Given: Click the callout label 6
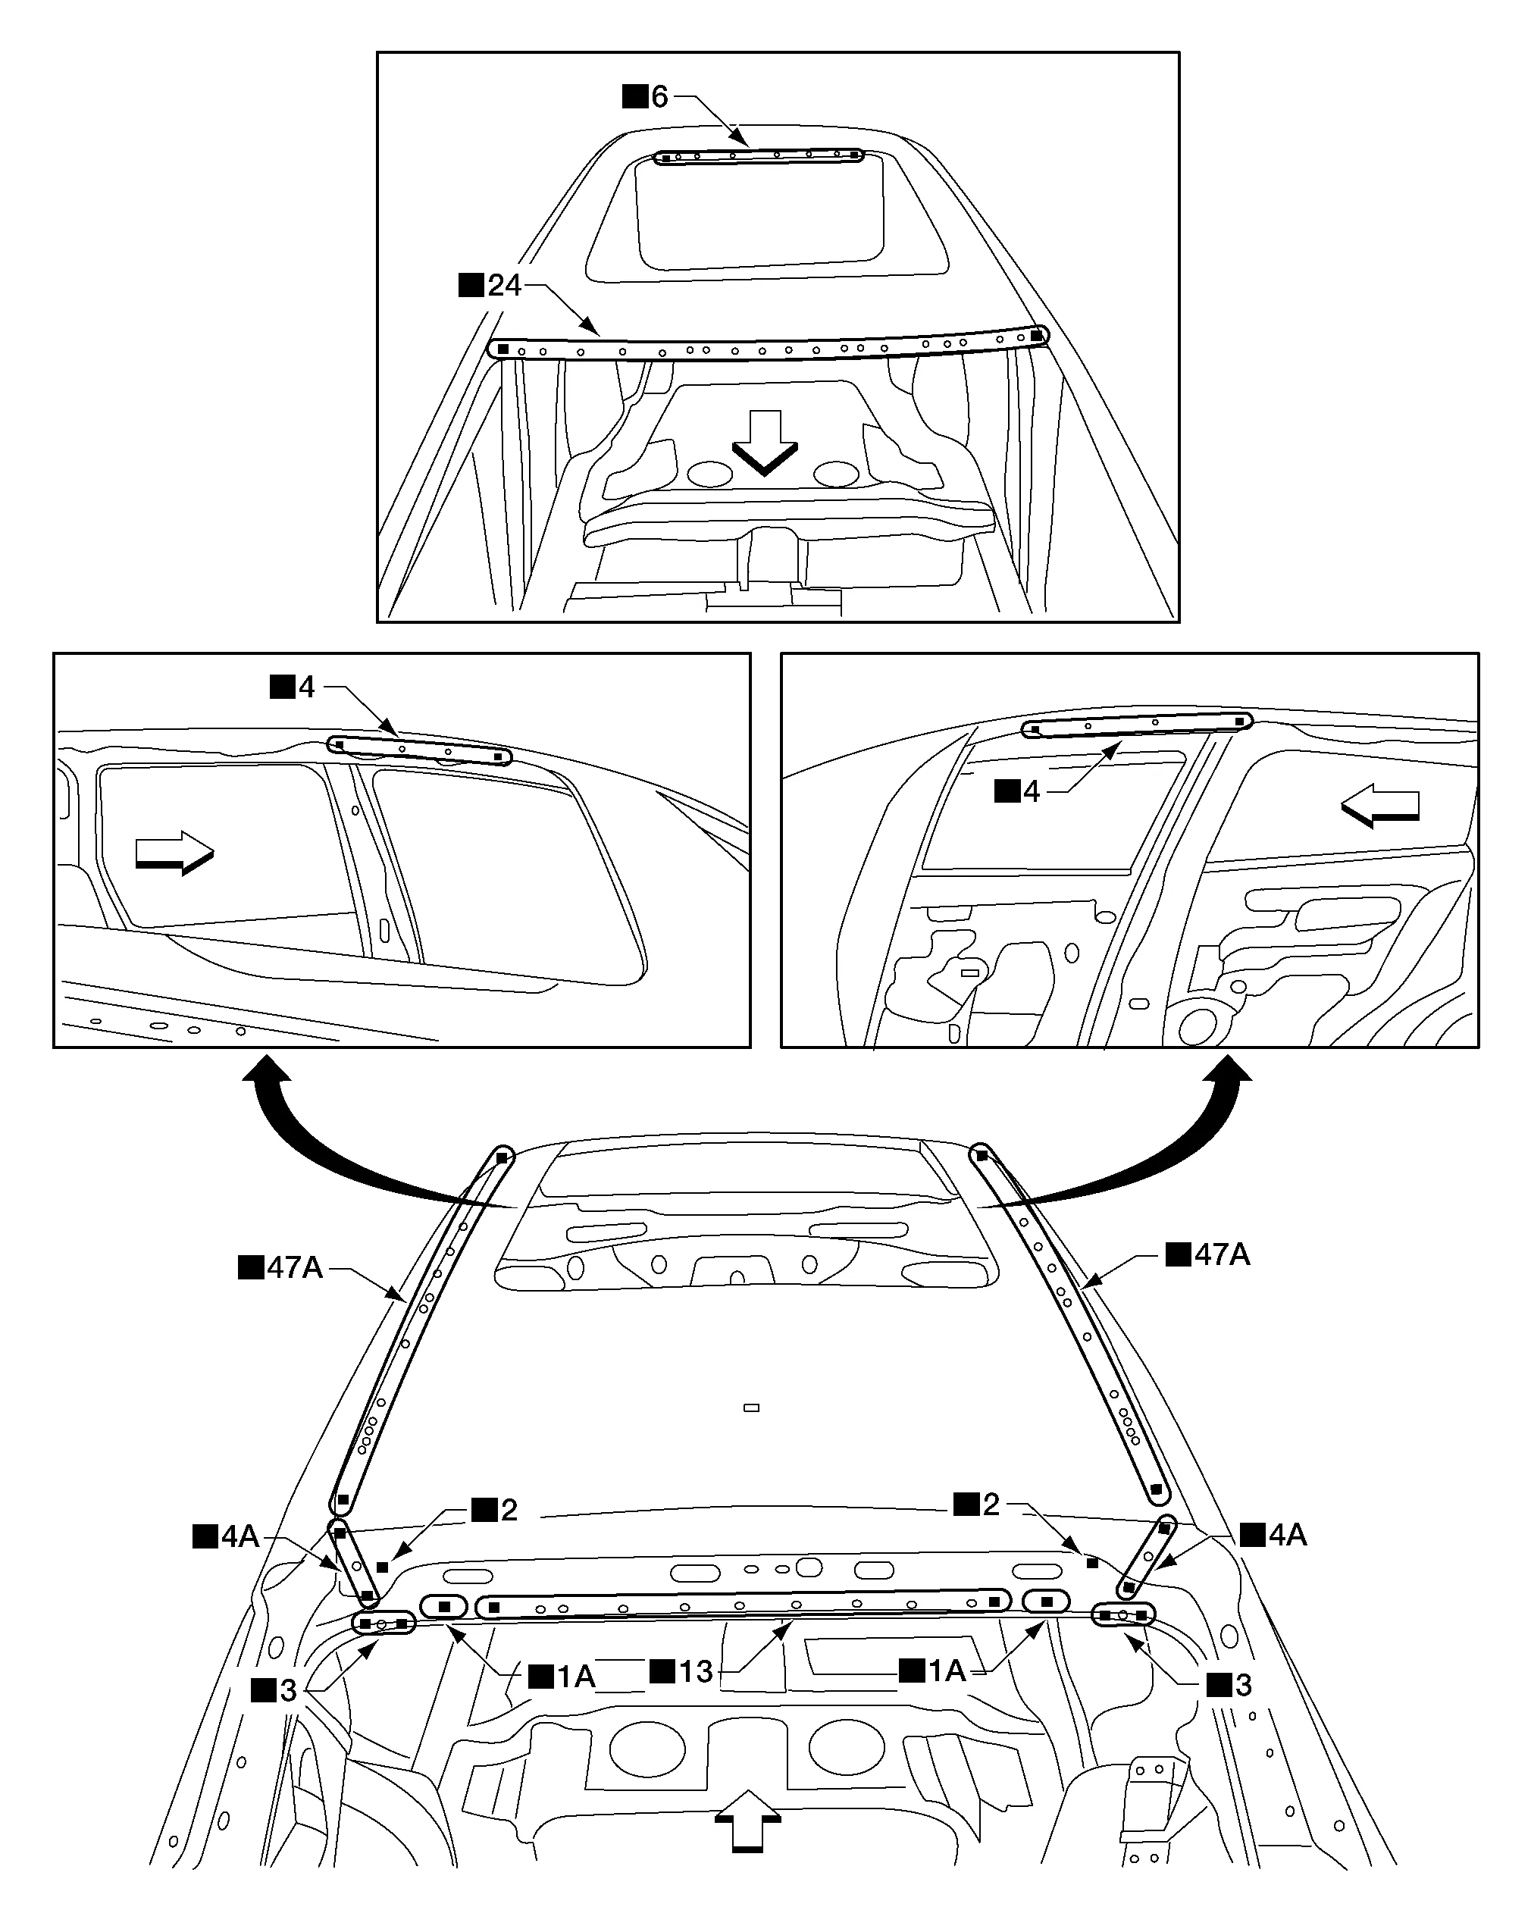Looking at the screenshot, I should coord(647,96).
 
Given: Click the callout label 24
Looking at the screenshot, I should coord(492,286).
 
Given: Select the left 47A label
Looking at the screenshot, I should coord(282,1267).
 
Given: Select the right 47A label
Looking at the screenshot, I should coord(1208,1254).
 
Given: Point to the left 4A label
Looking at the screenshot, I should coord(227,1536).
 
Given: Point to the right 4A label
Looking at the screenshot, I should coord(1273,1535).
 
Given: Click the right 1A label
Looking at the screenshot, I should coord(933,1671).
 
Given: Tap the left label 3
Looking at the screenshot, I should coord(275,1690).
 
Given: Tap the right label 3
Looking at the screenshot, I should coord(1230,1685).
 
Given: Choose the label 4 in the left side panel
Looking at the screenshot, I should coord(293,687).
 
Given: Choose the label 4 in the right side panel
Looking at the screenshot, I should coord(1018,791).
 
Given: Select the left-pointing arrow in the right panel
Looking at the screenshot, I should coord(1381,805).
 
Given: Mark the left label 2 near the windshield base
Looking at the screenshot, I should coord(495,1510).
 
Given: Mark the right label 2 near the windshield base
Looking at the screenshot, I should coord(977,1505).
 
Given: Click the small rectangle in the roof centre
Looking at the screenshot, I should coord(752,1408).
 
